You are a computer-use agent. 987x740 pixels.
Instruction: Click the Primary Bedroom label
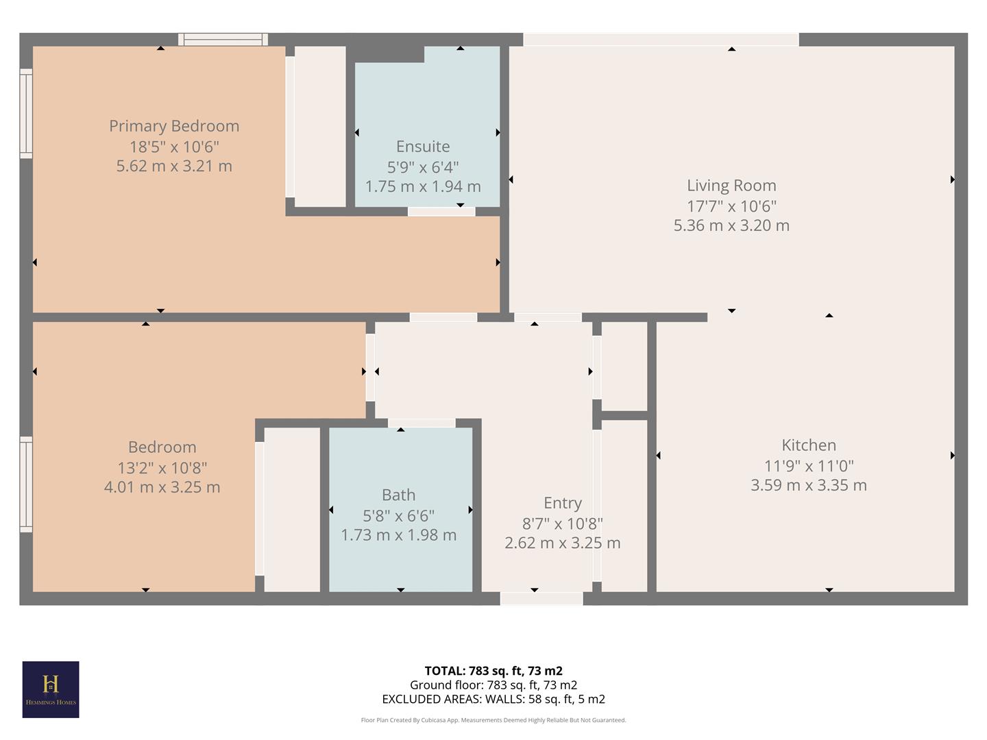pyautogui.click(x=174, y=126)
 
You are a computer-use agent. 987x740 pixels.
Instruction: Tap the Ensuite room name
pyautogui.click(x=423, y=147)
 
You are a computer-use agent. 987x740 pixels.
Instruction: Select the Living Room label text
pyautogui.click(x=731, y=186)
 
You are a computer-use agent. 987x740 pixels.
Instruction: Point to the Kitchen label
pyautogui.click(x=809, y=445)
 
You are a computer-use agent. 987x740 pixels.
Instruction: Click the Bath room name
pyautogui.click(x=398, y=495)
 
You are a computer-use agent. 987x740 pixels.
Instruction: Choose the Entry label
pyautogui.click(x=563, y=504)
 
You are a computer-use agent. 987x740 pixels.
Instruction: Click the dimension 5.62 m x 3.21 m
pyautogui.click(x=174, y=166)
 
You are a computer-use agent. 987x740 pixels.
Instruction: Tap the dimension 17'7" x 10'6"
pyautogui.click(x=731, y=206)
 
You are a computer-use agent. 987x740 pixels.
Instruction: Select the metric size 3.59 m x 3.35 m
pyautogui.click(x=809, y=485)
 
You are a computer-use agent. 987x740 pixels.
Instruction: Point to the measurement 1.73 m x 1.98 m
pyautogui.click(x=398, y=535)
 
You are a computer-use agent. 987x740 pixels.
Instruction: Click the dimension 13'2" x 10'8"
pyautogui.click(x=162, y=467)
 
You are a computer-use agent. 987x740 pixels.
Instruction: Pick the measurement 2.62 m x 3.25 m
pyautogui.click(x=563, y=543)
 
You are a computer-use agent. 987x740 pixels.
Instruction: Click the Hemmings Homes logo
pyautogui.click(x=51, y=689)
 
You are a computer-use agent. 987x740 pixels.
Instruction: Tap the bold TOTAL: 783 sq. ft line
pyautogui.click(x=493, y=671)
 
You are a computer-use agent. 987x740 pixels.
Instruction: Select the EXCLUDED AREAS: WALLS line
pyautogui.click(x=493, y=700)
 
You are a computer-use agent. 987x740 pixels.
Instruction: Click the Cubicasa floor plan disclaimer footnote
pyautogui.click(x=493, y=720)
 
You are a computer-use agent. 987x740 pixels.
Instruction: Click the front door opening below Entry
pyautogui.click(x=541, y=599)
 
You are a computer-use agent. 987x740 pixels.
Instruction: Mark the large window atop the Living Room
pyautogui.click(x=661, y=40)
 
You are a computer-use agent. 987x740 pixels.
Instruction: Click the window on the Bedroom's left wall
pyautogui.click(x=26, y=484)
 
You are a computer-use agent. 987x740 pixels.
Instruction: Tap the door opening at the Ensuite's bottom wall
pyautogui.click(x=441, y=211)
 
